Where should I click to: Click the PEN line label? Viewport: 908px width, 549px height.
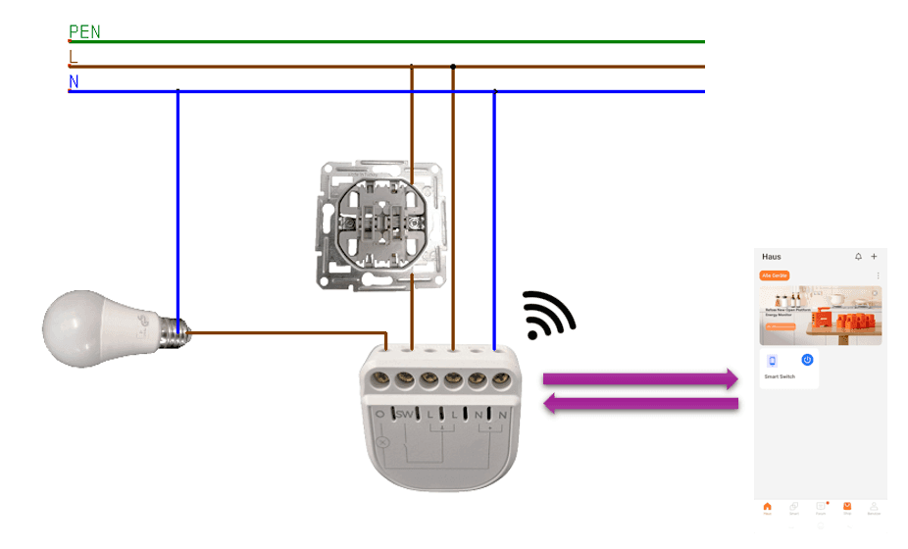pos(84,32)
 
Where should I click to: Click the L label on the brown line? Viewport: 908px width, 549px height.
pos(73,58)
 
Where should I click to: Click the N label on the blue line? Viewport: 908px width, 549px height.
pos(74,82)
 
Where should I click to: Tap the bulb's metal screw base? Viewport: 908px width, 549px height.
pos(174,333)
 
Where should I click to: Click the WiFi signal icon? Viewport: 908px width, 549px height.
pos(547,315)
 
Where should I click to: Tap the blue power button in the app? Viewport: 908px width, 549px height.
pos(807,361)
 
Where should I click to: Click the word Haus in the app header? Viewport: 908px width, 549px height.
pos(772,257)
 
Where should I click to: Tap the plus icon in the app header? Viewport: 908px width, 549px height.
pos(874,257)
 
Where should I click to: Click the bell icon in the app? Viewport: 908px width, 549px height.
pos(858,257)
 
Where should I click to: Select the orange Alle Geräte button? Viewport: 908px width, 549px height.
pos(775,276)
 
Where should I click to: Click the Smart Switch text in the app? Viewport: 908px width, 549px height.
pos(781,376)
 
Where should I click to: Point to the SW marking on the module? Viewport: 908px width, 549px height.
pos(405,415)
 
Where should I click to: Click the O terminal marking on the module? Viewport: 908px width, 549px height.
pos(379,415)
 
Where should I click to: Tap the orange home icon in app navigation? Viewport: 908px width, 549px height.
pos(767,507)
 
